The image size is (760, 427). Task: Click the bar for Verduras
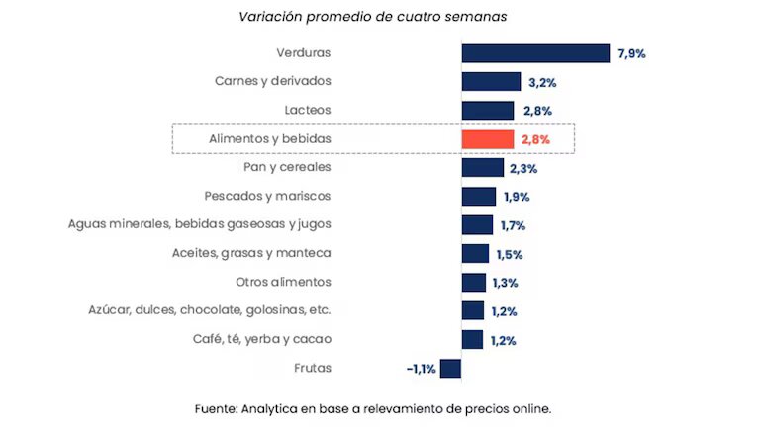point(534,53)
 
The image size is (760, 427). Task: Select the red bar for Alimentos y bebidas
point(487,139)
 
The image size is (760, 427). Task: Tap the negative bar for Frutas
point(450,369)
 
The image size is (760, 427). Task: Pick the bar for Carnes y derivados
point(491,82)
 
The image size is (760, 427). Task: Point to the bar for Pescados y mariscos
point(478,197)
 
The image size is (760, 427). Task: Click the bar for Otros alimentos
point(473,283)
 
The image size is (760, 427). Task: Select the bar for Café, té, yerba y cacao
point(472,340)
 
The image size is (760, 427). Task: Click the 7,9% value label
point(631,53)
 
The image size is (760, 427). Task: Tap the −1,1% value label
point(420,369)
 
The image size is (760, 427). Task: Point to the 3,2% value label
point(541,82)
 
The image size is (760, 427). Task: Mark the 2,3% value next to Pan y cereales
point(522,168)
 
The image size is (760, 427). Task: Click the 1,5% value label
point(508,254)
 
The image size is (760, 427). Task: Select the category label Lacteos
point(306,111)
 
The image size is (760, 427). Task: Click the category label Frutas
point(313,369)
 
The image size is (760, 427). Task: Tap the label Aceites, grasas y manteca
point(251,254)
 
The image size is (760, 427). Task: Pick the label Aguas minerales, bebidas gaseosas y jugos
point(200,225)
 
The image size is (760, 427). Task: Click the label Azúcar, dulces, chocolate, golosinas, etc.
point(210,311)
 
